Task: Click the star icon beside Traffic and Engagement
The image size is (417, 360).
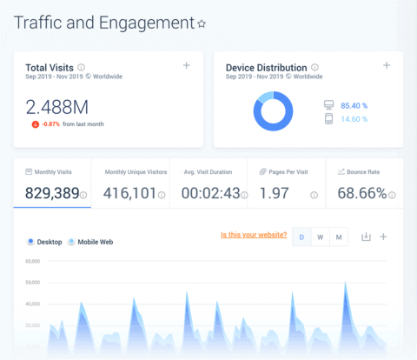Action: (202, 23)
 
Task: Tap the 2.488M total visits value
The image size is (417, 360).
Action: (57, 107)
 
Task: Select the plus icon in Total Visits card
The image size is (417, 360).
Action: (186, 66)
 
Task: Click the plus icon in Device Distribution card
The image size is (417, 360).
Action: (387, 66)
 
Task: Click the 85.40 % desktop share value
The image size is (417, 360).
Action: (354, 104)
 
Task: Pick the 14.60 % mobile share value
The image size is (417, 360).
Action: (354, 119)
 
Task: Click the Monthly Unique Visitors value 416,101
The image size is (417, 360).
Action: (129, 194)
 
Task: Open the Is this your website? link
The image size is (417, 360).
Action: (253, 235)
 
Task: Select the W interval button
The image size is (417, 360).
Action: (321, 237)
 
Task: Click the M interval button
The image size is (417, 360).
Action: (339, 237)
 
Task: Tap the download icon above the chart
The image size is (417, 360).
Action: (366, 237)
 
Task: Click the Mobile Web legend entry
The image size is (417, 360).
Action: (92, 242)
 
